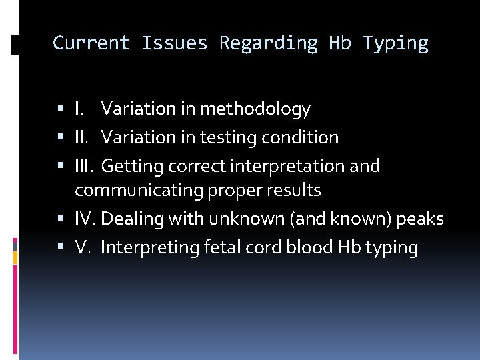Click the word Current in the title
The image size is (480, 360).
pos(91,43)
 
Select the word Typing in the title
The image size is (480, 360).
pos(395,43)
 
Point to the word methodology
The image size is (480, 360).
pos(255,108)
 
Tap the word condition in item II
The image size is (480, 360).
pos(301,137)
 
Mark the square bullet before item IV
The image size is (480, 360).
pos(61,219)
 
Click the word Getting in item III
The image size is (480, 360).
pos(133,165)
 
